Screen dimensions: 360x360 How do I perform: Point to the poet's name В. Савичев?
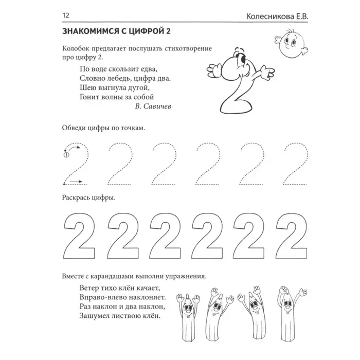[x=153, y=106]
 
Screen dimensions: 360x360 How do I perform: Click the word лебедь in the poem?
[x=122, y=78]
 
